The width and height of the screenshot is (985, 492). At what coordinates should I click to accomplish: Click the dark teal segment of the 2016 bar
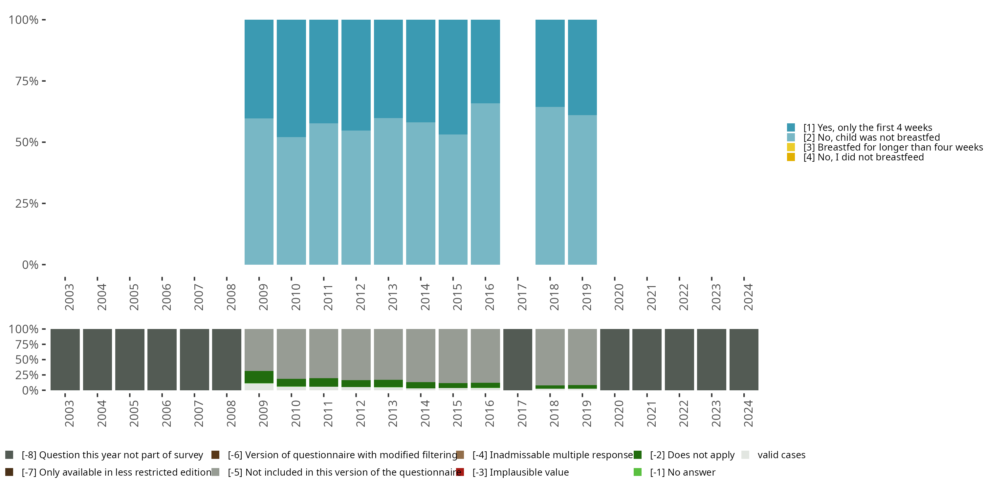pos(485,62)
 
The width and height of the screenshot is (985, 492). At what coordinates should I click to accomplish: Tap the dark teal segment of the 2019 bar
pos(582,67)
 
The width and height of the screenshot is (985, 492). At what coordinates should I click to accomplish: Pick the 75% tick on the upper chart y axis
pos(44,81)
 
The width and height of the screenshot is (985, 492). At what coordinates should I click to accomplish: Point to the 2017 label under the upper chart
pos(522,297)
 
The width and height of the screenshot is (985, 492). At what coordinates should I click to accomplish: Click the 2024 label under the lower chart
pos(748,413)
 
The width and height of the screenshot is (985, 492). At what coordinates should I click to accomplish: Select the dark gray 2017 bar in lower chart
pos(518,359)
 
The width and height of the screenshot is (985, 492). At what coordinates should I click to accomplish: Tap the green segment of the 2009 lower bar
pos(259,377)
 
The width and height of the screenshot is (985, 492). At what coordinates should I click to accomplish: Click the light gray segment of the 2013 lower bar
pos(388,355)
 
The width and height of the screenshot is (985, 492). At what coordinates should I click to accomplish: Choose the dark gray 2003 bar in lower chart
pos(65,359)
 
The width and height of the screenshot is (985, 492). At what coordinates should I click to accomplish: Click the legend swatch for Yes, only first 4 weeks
pos(791,128)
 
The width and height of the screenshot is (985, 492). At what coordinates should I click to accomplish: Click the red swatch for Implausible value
pos(460,472)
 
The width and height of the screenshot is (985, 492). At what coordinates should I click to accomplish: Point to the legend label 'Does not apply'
pos(692,455)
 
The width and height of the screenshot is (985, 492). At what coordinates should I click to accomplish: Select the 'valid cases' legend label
pos(781,455)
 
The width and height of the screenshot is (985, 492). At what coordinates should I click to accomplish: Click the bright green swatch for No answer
pos(637,472)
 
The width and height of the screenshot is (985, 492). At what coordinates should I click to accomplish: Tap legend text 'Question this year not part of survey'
pos(112,455)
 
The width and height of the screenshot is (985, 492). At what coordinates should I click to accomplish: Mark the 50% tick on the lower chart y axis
pos(44,359)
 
